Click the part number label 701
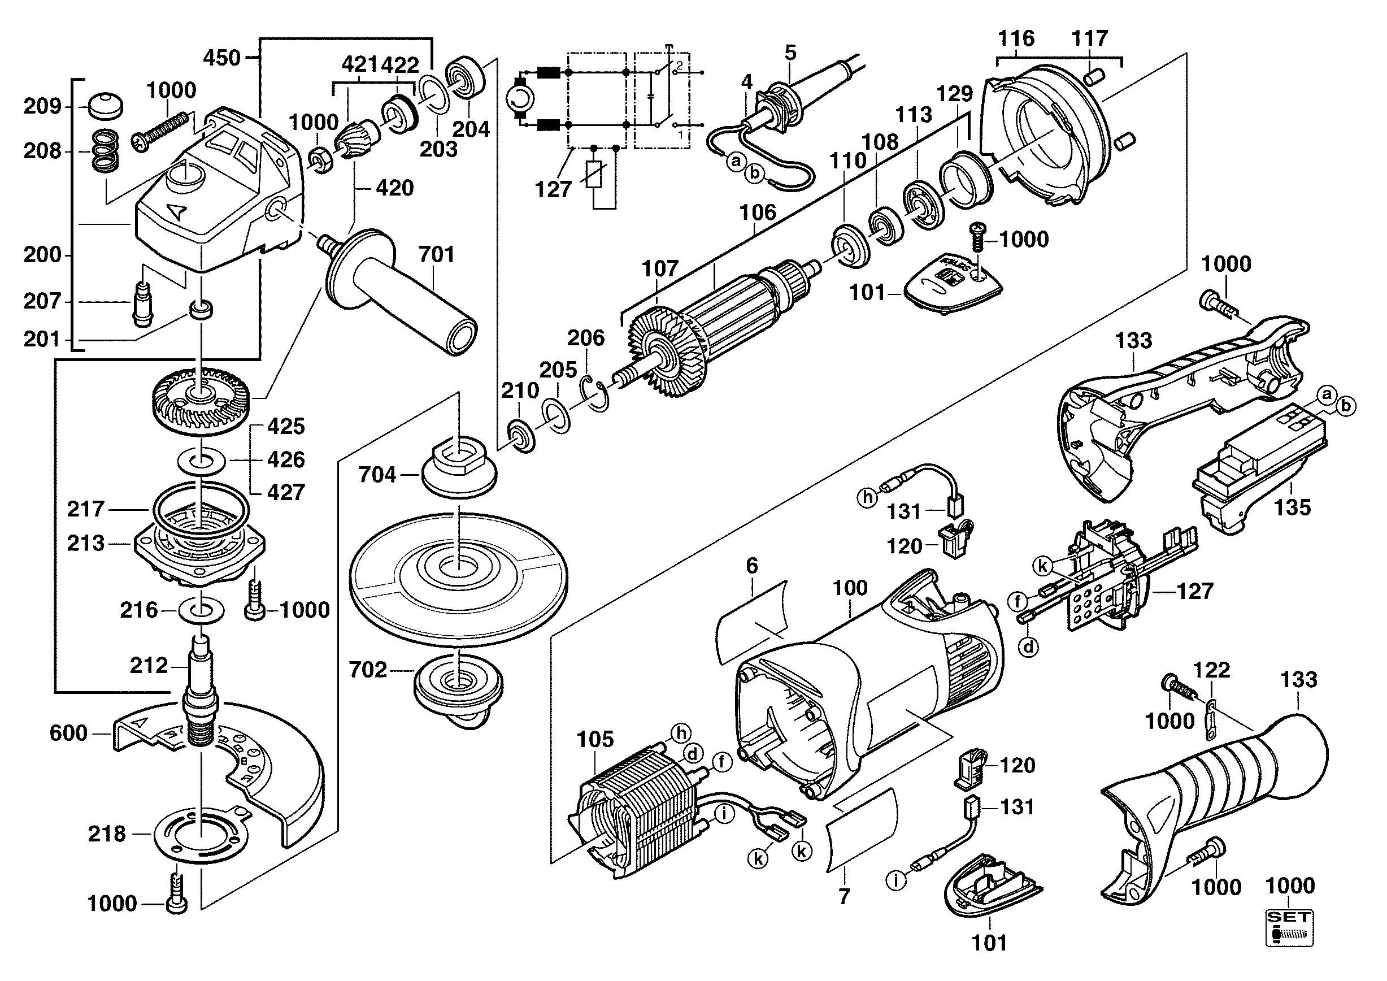436,254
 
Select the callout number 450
221,58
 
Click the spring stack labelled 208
105,151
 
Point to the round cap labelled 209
105,106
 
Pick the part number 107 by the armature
660,268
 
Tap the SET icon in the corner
1289,928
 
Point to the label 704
377,475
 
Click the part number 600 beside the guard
68,733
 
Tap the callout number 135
1292,507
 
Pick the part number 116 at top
1016,38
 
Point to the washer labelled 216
202,610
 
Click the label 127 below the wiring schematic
553,190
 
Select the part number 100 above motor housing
850,588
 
